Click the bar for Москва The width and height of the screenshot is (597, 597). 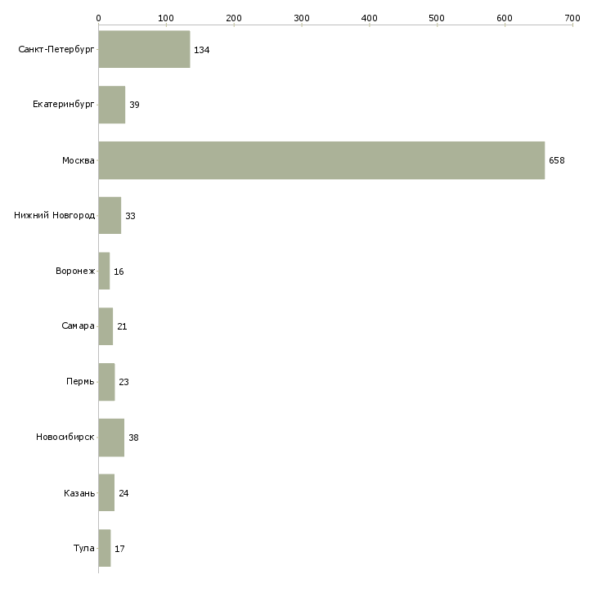click(321, 160)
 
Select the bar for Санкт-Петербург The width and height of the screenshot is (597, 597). click(144, 50)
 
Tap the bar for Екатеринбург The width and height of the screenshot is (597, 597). click(112, 105)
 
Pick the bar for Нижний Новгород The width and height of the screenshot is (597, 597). click(110, 216)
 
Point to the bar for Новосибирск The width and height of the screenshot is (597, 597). click(111, 438)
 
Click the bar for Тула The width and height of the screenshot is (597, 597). click(104, 548)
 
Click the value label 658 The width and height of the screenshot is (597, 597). click(557, 160)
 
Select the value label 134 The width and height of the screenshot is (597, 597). click(202, 50)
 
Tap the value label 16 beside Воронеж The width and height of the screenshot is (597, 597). click(119, 272)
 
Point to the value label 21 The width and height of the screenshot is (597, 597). click(122, 326)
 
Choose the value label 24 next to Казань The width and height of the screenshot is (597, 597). click(123, 493)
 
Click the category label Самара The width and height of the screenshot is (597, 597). click(78, 326)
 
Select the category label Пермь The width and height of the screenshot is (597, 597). click(80, 382)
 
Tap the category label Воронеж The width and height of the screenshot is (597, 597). click(75, 272)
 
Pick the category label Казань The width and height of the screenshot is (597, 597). click(79, 493)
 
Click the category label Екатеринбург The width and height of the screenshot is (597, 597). click(64, 105)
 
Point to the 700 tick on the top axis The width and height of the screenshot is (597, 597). click(572, 17)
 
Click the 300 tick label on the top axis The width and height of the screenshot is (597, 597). click(302, 17)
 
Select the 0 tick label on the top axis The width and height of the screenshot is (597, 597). click(98, 17)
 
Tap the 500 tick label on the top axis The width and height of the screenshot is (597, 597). click(437, 17)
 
